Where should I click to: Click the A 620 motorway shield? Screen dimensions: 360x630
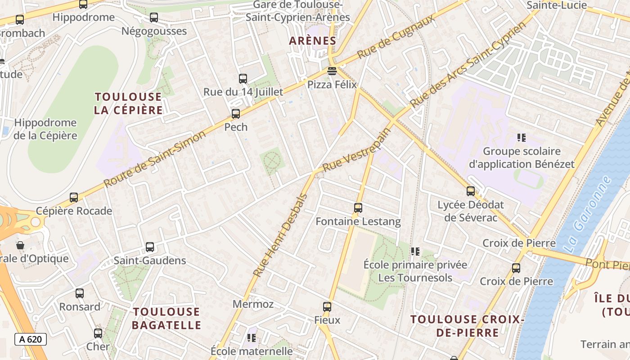[x=31, y=339]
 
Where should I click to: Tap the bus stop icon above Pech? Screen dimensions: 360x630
[x=236, y=114]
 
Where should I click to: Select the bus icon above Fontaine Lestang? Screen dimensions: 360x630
[x=358, y=208]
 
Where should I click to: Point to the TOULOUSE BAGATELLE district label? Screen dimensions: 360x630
[x=166, y=318]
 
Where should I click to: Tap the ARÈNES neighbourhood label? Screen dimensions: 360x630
[x=313, y=40]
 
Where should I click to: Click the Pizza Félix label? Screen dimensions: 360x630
[x=332, y=85]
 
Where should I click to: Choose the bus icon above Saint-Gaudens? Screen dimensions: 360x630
[x=150, y=247]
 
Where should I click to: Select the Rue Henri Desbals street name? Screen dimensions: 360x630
[x=280, y=235]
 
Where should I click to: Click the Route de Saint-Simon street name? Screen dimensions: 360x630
[x=155, y=158]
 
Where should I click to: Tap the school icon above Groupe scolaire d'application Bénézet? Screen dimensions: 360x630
[x=522, y=137]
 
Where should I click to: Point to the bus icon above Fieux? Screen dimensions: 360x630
[x=327, y=307]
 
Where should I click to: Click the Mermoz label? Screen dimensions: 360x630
[x=253, y=304]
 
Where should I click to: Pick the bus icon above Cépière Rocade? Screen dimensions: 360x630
[x=74, y=197]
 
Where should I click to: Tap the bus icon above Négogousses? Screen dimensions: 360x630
[x=154, y=18]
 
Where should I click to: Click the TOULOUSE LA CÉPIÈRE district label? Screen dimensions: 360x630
[x=128, y=103]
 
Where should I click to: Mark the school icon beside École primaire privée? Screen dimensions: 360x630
[x=415, y=251]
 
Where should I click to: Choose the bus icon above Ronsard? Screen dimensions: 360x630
[x=80, y=293]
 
